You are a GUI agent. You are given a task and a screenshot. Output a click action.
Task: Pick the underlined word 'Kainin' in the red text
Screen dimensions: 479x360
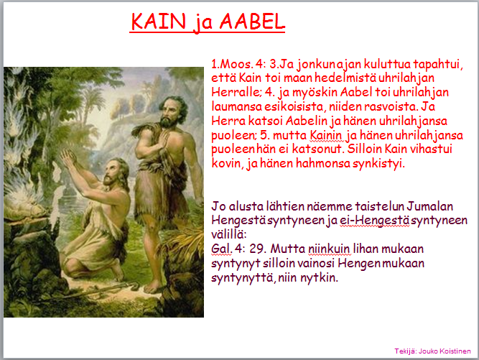coord(326,135)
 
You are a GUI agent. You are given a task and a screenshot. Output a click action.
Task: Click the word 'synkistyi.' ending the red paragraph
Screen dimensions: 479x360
coord(378,164)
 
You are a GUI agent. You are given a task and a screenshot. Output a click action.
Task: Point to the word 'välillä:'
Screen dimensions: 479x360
coord(228,234)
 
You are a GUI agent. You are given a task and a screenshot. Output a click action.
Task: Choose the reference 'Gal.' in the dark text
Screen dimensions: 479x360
coord(221,249)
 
